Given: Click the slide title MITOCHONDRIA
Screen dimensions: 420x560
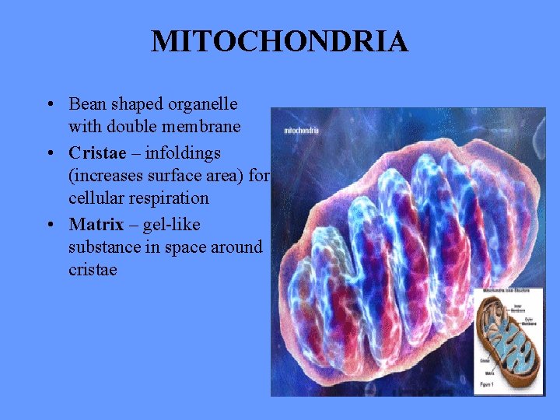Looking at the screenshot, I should tap(279, 41).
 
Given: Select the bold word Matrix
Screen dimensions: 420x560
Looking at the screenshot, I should tap(96, 225).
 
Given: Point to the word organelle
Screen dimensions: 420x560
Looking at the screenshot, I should tap(205, 103).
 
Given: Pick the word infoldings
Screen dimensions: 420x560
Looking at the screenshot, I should tap(183, 152).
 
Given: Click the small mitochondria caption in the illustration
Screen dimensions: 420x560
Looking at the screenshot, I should tap(301, 130).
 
